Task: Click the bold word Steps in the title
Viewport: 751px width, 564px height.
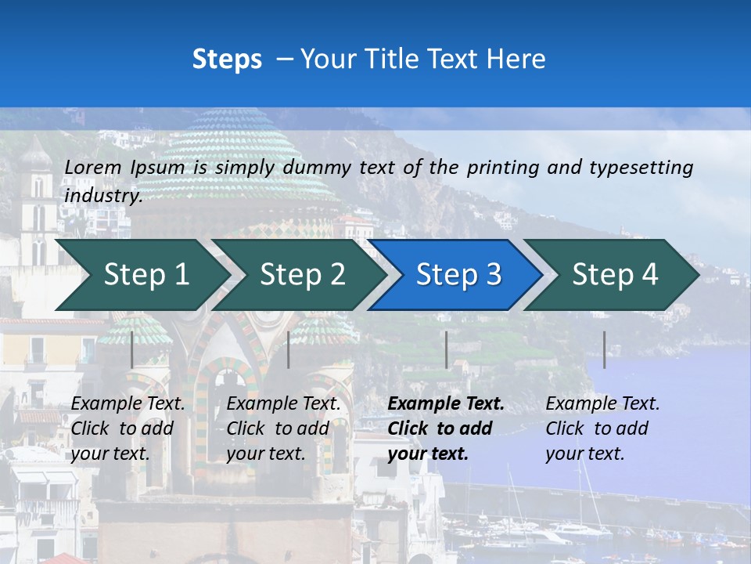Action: click(227, 60)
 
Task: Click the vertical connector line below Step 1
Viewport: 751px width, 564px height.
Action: click(132, 349)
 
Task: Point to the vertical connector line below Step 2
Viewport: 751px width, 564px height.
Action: click(289, 349)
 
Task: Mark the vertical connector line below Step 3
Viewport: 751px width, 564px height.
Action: click(447, 349)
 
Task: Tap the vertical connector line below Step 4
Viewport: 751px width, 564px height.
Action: click(604, 349)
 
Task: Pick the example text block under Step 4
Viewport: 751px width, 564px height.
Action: click(602, 428)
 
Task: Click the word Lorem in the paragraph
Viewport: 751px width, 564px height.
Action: click(92, 168)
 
